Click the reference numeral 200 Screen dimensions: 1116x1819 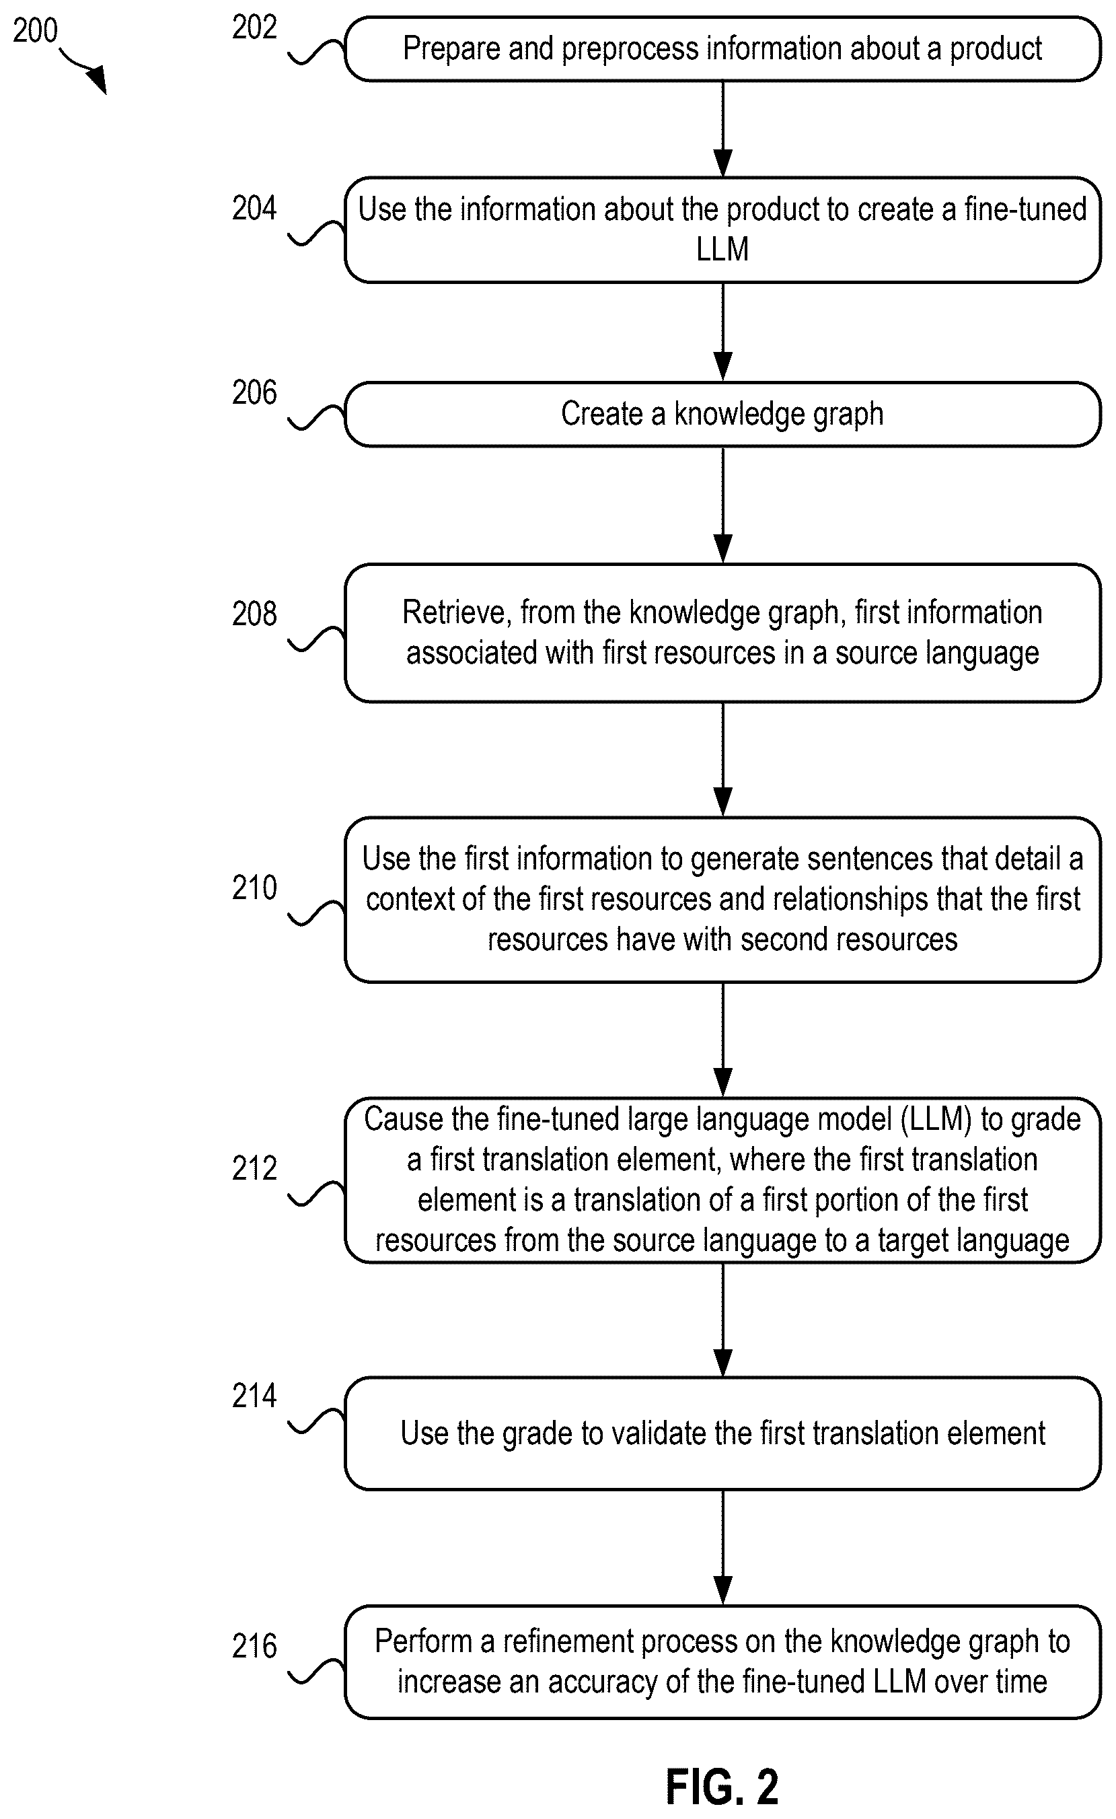35,30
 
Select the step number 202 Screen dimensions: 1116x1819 254,28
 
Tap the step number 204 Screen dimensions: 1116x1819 254,208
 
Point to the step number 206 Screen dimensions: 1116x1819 254,393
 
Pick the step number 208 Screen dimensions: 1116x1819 254,614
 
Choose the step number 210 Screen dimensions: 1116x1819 254,888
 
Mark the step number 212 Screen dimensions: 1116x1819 254,1168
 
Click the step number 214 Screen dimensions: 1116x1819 254,1395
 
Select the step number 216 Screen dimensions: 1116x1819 254,1646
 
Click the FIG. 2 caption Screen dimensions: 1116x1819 722,1787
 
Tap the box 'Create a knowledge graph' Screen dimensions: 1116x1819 722,414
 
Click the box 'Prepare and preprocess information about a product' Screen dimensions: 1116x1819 722,48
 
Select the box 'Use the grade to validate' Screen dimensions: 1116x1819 722,1433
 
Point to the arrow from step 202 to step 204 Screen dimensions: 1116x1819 723,129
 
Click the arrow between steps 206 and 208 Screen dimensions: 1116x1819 723,505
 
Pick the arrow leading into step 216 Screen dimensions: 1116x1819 723,1547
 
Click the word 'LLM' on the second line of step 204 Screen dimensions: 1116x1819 722,250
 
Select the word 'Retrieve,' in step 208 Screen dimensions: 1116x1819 457,614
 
